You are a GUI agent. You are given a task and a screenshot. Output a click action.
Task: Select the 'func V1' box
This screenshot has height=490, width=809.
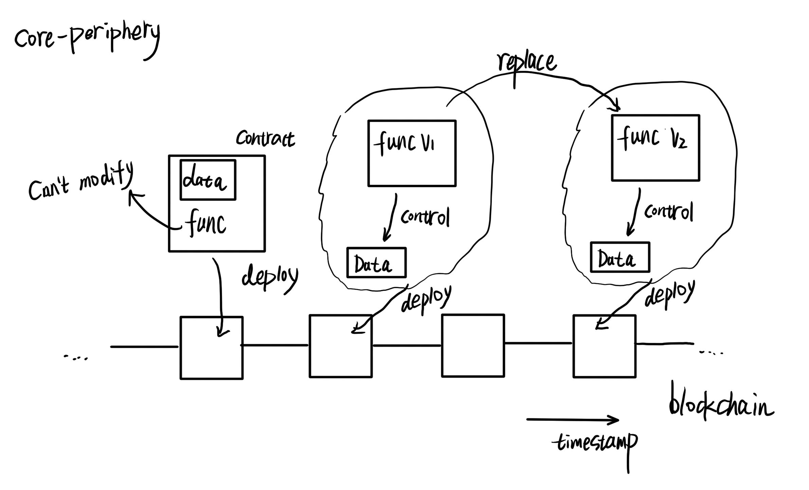pos(412,153)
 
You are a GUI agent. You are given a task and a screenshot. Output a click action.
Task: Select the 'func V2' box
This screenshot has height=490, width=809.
pos(655,148)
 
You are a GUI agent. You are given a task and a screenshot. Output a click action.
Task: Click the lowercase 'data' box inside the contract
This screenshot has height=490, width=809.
pos(208,180)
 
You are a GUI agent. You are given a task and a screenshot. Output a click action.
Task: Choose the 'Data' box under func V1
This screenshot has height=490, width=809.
pos(376,263)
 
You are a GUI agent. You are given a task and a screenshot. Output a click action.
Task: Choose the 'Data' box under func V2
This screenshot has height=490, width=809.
pos(620,257)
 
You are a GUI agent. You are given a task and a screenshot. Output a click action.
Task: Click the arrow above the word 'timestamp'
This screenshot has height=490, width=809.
pos(572,420)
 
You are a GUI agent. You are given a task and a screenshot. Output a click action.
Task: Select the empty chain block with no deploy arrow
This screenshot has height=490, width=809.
pos(473,345)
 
